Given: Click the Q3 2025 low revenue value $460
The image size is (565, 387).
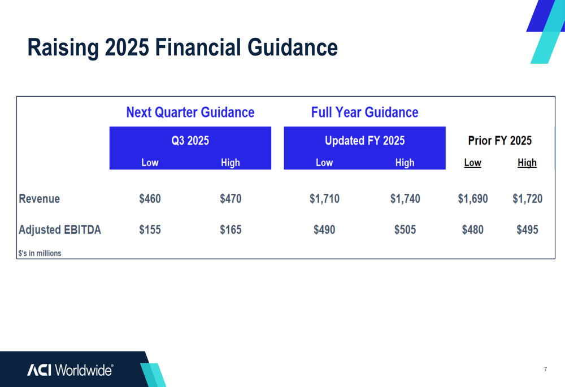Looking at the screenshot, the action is tap(150, 198).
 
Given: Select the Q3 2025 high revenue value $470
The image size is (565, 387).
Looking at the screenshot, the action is tap(231, 198).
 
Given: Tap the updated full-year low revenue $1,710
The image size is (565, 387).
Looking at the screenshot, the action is tap(324, 198).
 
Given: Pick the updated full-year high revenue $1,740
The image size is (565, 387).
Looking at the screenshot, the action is tap(405, 198).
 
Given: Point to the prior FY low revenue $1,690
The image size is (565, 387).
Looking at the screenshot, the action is tap(473, 198).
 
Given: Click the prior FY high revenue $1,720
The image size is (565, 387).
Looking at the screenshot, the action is tap(528, 198).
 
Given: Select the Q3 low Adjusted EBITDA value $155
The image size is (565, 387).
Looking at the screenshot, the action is tap(150, 229).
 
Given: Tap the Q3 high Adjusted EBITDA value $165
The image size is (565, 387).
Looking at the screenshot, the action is tap(231, 229).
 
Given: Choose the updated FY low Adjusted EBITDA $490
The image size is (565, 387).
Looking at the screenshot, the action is tap(324, 229).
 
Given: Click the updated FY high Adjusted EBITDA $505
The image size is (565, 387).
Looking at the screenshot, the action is tap(405, 229).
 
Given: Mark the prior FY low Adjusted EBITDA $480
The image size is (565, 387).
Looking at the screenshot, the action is tap(473, 229).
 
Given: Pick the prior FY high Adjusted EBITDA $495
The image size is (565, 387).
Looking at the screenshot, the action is tap(528, 229).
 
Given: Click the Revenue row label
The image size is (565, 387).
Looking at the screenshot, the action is tap(40, 198).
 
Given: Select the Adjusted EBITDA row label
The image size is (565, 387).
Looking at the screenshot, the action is tap(60, 229).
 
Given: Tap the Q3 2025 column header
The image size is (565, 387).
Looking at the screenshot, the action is tap(190, 140).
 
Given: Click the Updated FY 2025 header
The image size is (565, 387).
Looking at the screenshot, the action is tap(364, 140).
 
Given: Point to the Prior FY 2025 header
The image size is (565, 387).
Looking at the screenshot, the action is tap(500, 140).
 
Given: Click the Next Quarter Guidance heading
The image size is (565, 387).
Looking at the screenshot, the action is tap(190, 112).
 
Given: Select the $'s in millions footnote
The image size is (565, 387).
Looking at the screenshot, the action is tap(40, 253).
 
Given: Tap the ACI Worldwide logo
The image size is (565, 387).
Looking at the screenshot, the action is tap(70, 370).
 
